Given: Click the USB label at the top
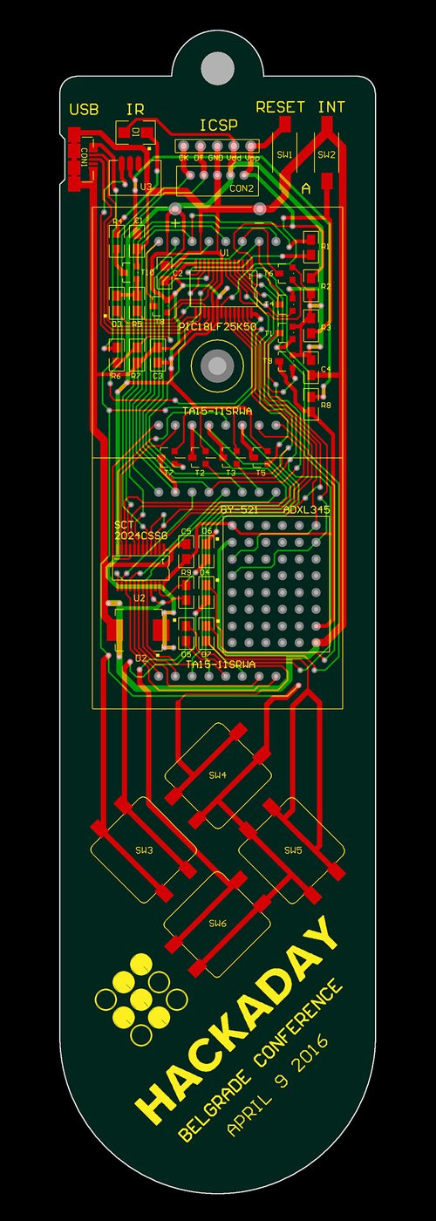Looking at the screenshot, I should tap(84, 110).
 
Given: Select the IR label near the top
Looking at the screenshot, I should tap(135, 110).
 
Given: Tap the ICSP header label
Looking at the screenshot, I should tap(218, 126).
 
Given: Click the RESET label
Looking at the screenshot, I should tap(280, 107).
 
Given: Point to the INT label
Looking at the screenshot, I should tap(331, 107).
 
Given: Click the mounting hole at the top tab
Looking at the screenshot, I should tap(218, 66).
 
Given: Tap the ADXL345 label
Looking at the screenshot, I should tap(306, 509).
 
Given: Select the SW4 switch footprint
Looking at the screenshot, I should tap(217, 774).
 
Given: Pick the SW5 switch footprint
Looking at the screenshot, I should tap(293, 849).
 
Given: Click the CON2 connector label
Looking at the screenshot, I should tap(242, 188).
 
